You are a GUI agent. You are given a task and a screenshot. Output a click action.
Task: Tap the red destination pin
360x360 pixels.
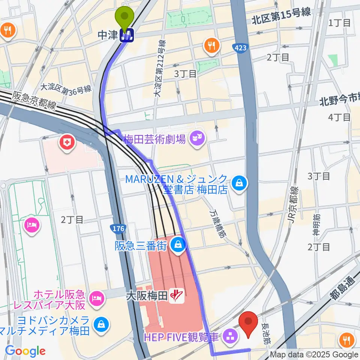[248, 323]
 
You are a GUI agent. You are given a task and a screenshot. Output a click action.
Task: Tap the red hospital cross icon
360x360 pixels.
[67, 142]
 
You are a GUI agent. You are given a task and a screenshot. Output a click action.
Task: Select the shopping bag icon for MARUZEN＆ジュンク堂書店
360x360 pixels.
[238, 183]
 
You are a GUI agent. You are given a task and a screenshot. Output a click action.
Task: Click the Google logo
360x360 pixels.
[25, 351]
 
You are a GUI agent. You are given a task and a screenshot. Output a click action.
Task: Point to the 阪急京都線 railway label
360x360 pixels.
[34, 100]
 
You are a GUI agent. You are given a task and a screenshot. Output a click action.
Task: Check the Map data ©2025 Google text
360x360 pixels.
[314, 354]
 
